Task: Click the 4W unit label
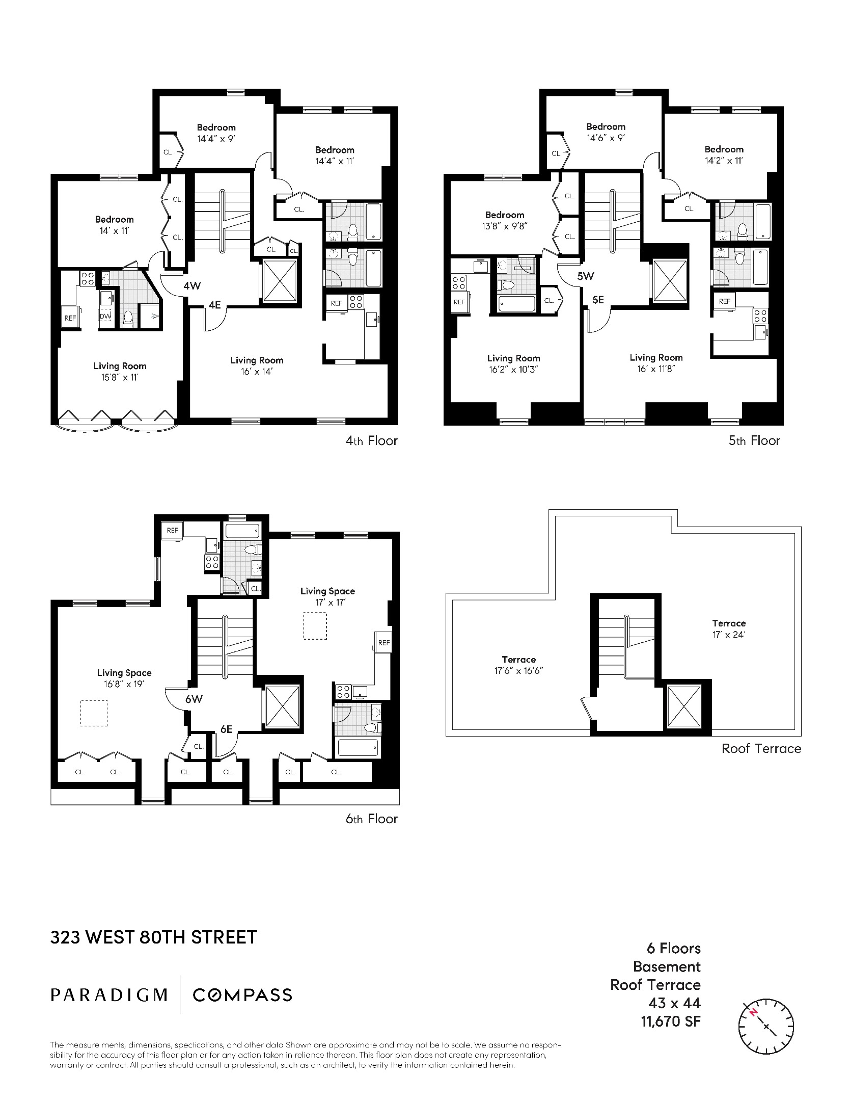click(x=192, y=286)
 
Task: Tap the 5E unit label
click(x=598, y=300)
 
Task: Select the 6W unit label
click(x=194, y=699)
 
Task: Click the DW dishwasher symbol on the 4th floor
click(x=105, y=317)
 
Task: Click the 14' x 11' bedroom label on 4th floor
click(x=114, y=225)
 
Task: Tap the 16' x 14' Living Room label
click(x=257, y=366)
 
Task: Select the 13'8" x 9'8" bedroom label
click(x=504, y=220)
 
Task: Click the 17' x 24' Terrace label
click(x=729, y=629)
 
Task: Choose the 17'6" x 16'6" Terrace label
click(x=518, y=665)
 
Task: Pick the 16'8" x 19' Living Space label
click(x=124, y=678)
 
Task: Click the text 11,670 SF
click(x=671, y=1021)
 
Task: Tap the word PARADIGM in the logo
click(x=109, y=994)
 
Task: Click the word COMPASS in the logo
click(x=242, y=994)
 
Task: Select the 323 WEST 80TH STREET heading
click(x=154, y=937)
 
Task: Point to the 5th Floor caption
click(x=754, y=440)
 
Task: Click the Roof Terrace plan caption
click(x=761, y=748)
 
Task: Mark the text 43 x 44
click(x=674, y=1003)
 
